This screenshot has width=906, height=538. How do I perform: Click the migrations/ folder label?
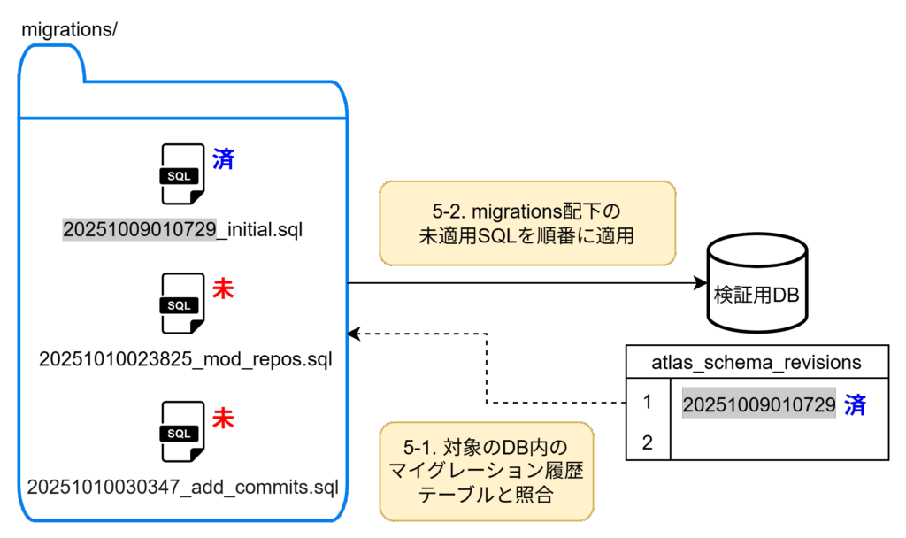pos(69,28)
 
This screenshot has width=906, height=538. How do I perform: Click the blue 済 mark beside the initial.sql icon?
pos(223,159)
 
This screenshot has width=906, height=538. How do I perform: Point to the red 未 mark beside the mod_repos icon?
pos(223,288)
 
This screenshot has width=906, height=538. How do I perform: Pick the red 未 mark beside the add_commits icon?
pos(223,418)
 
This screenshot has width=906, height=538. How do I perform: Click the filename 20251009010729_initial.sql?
pos(182,230)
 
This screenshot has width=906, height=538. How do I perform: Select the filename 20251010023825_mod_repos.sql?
pos(186,359)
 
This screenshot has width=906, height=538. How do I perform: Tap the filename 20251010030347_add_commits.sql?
pos(183,487)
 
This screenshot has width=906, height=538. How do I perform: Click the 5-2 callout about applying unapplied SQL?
pos(526,224)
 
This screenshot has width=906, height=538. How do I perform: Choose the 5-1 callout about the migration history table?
pos(485,471)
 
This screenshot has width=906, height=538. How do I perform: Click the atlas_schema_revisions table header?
pos(756,362)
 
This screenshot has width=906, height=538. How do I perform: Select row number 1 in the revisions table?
pos(648,403)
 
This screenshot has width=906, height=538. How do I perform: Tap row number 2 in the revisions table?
pos(648,442)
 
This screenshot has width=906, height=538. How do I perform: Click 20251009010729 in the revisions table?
pos(759,405)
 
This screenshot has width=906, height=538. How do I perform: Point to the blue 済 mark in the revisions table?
pos(855,405)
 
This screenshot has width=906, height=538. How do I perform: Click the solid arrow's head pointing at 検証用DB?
pos(695,283)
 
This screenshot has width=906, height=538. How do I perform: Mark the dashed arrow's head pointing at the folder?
pos(354,334)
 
